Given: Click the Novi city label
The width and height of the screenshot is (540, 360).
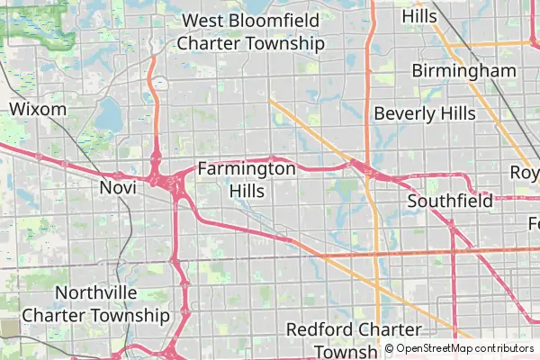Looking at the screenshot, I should click(x=117, y=187).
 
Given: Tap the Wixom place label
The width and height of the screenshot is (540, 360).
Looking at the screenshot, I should click(x=38, y=109).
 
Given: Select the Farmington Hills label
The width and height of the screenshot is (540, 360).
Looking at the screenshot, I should click(x=246, y=179).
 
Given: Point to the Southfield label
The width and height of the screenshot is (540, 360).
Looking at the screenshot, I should click(x=450, y=201).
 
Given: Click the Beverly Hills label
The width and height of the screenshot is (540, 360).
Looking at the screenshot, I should click(x=424, y=113).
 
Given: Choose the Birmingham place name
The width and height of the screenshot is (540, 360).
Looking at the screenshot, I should click(x=463, y=70).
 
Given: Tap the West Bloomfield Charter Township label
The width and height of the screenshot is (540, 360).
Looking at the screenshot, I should click(x=250, y=31).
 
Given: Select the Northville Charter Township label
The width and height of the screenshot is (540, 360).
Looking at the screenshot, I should click(x=95, y=304).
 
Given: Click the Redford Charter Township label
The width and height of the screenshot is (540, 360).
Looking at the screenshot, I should click(x=354, y=339).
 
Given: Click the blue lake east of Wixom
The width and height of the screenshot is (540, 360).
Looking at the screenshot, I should click(x=109, y=114).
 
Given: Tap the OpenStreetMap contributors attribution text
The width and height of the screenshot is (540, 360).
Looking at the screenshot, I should click(x=464, y=348).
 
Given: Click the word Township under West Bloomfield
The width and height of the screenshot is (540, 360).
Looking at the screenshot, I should click(x=287, y=43).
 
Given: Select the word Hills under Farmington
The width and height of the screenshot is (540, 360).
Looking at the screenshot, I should click(x=246, y=191).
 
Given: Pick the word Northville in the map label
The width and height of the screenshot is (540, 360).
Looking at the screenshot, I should click(x=95, y=292).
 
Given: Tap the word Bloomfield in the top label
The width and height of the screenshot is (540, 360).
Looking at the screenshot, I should click(x=270, y=20).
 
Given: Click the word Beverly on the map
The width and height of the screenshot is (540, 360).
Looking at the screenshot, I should click(x=401, y=113).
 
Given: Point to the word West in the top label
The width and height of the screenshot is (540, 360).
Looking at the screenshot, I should click(x=202, y=20).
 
